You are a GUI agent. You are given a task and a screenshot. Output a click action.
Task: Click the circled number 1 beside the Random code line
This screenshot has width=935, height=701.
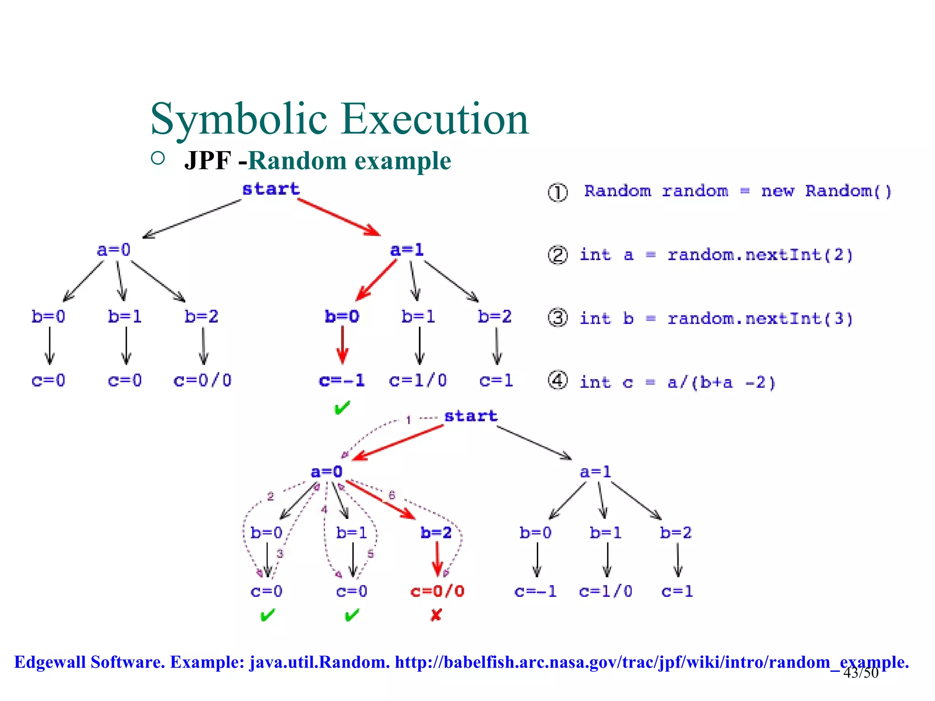[557, 193]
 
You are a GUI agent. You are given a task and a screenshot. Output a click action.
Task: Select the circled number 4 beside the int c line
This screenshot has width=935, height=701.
[557, 381]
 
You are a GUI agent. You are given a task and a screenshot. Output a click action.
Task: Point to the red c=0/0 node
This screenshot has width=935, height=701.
[437, 591]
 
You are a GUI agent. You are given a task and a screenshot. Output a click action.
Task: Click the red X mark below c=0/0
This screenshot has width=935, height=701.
[436, 615]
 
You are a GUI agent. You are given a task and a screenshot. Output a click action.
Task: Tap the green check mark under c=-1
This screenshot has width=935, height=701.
[342, 408]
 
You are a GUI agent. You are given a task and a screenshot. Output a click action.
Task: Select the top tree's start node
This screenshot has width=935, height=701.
[271, 189]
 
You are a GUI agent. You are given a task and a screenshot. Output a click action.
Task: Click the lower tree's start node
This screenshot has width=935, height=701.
[471, 416]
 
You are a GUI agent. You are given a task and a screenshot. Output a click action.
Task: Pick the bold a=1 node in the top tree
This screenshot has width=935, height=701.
[407, 250]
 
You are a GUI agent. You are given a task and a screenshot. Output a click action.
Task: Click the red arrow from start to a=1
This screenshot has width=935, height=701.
[339, 217]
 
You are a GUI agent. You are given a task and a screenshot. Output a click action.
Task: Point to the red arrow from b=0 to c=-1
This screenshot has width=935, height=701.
[342, 345]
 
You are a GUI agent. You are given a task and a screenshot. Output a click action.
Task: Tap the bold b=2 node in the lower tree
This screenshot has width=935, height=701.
[436, 533]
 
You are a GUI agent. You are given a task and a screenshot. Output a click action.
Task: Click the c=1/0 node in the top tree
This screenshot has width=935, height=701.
[418, 380]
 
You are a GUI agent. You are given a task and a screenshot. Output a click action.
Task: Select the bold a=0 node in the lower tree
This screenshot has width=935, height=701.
[326, 472]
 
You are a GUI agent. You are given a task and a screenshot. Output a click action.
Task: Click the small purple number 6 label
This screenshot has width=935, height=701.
[392, 495]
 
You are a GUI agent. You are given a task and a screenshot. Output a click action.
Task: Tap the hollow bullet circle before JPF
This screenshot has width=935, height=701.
[158, 158]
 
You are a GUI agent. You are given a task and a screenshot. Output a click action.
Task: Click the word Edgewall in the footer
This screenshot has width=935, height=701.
[50, 662]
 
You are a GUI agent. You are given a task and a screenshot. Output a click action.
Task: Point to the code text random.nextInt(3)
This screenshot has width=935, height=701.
[760, 319]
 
